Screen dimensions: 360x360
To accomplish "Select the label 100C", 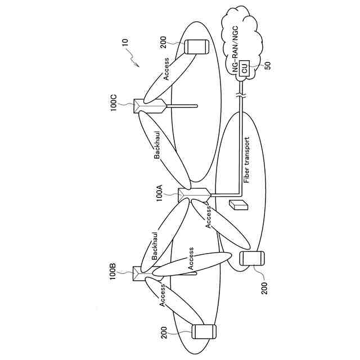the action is pos(113,104).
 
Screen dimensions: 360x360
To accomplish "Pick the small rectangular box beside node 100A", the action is pos(238,205).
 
